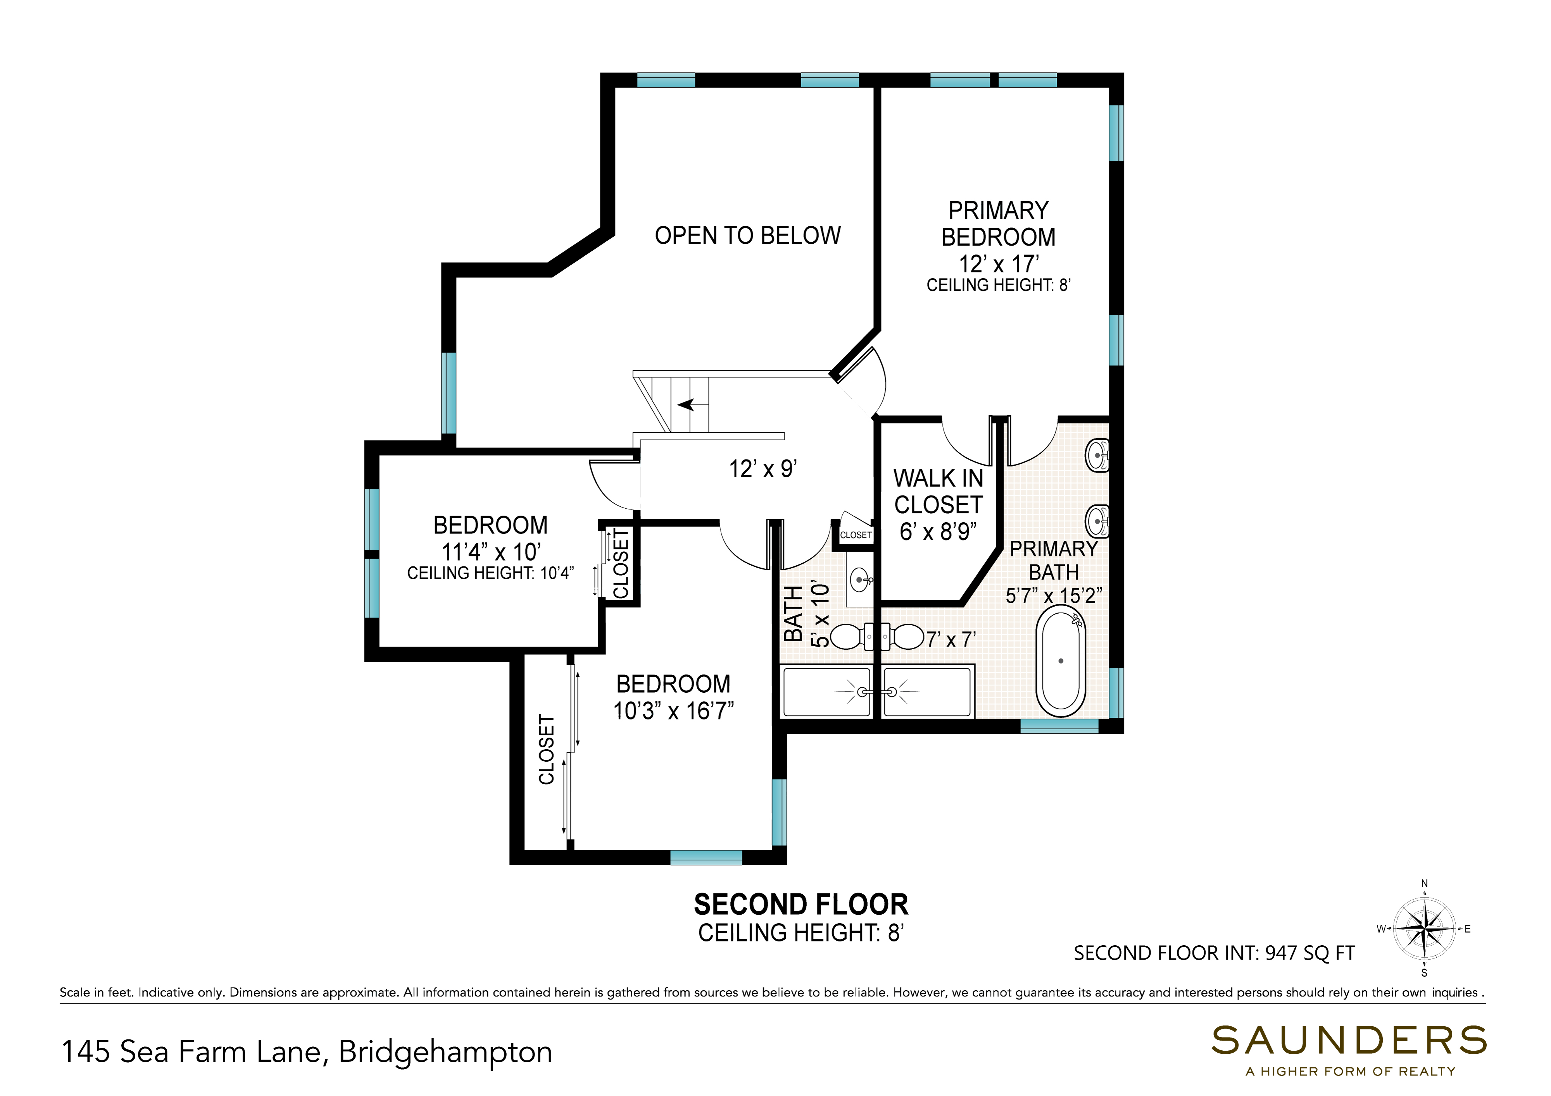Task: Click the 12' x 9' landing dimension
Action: tap(763, 469)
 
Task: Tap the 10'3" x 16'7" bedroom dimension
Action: tap(673, 711)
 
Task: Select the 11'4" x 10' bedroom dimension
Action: tap(491, 552)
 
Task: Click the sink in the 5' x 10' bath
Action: tap(860, 580)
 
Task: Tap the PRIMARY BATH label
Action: tap(1054, 561)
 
